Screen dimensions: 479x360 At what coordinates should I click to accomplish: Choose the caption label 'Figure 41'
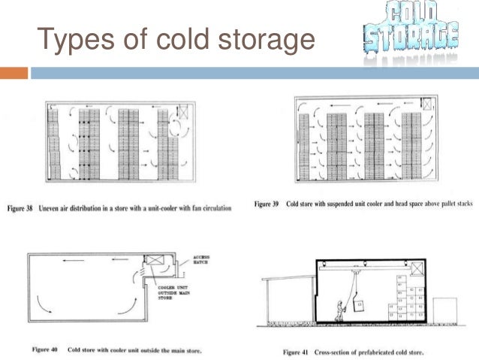pos(299,351)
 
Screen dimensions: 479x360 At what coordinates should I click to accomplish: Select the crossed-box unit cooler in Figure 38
pos(182,113)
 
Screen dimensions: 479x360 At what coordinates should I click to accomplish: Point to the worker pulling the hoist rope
pos(339,307)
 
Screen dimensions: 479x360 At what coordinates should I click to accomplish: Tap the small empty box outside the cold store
pos(445,309)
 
